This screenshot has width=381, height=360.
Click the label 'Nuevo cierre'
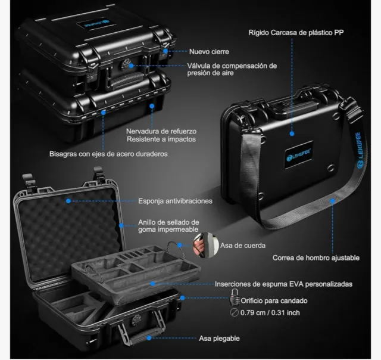click(209, 52)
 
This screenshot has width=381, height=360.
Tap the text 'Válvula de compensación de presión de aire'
click(232, 69)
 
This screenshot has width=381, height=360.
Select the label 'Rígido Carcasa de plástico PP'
click(296, 33)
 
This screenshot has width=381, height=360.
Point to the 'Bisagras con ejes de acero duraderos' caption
click(108, 154)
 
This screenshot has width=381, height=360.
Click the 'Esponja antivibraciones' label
click(175, 201)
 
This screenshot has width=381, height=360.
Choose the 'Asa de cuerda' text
click(243, 246)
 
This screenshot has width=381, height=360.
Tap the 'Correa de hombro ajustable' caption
click(316, 258)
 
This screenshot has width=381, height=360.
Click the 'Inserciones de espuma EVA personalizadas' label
click(283, 284)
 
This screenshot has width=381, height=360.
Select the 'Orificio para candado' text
click(274, 301)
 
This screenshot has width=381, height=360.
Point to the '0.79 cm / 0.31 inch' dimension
click(270, 312)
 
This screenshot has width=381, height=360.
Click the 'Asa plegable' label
click(219, 339)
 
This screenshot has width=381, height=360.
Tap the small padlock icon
click(234, 297)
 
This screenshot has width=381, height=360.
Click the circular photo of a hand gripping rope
click(206, 245)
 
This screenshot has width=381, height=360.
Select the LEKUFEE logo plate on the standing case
click(299, 154)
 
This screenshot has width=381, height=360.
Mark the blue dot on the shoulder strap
click(332, 201)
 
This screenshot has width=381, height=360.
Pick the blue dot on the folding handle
click(149, 338)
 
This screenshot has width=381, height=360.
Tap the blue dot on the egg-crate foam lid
click(68, 201)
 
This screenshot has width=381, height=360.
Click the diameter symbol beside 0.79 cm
click(234, 312)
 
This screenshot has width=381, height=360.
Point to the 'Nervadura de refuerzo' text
click(161, 131)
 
